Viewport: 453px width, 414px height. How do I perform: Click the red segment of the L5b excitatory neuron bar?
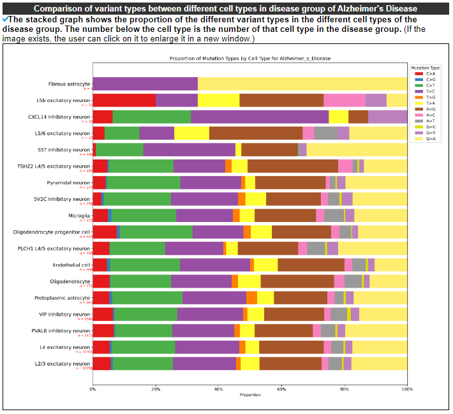[x=124, y=100]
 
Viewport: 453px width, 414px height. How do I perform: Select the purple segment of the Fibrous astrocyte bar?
[x=145, y=84]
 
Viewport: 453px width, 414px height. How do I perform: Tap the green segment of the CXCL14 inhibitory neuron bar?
[x=152, y=117]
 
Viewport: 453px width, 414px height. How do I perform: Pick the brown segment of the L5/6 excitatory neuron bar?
[x=256, y=133]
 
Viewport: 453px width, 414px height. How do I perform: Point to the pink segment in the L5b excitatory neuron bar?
[x=345, y=100]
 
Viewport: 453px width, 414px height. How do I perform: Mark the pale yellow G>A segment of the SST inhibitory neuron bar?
[x=357, y=150]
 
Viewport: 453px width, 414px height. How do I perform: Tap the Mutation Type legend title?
[x=426, y=67]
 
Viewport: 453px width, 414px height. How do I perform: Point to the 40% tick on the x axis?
[x=219, y=389]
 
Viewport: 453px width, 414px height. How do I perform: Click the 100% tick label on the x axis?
[x=407, y=389]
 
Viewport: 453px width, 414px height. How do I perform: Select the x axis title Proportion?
[x=249, y=395]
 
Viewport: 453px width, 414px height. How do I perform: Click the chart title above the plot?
[x=249, y=58]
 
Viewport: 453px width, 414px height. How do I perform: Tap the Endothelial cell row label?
[x=71, y=265]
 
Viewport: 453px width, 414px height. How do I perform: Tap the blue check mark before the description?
[x=5, y=19]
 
